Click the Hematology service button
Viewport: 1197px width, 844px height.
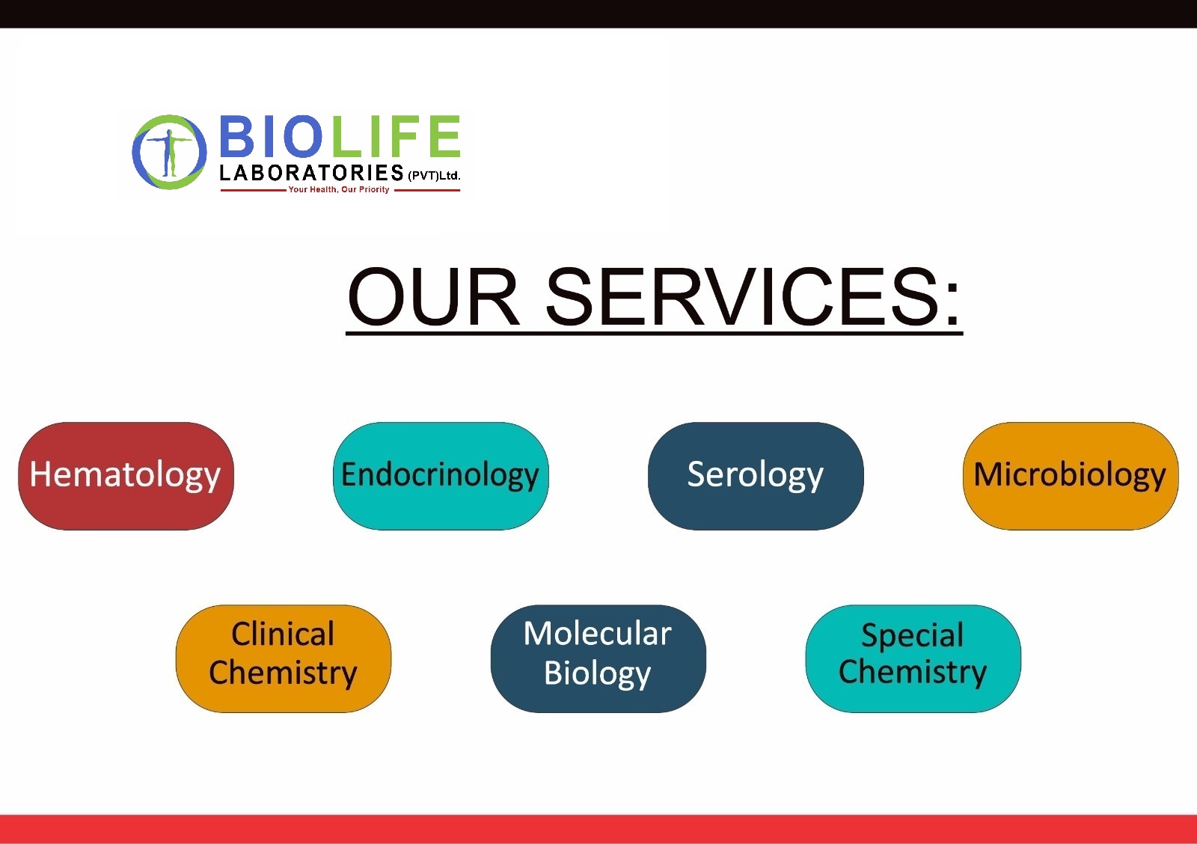pos(126,476)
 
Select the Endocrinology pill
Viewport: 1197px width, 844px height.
pos(441,476)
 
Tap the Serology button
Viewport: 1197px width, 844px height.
pos(755,476)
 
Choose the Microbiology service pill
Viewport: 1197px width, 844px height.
pos(1071,476)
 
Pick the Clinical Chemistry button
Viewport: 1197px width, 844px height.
pos(284,658)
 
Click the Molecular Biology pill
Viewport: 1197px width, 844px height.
pos(598,658)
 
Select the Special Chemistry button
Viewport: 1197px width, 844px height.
pos(913,658)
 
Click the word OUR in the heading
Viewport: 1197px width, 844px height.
pos(433,296)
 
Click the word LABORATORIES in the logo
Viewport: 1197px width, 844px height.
pos(311,173)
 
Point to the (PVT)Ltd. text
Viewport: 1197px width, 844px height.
pos(434,175)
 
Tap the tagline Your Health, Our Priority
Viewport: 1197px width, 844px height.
pos(339,190)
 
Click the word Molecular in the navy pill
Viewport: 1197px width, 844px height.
pos(598,634)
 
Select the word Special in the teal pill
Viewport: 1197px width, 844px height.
pos(913,635)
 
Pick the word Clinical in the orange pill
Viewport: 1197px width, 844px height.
pos(284,634)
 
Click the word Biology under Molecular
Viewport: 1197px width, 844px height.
pos(598,673)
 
